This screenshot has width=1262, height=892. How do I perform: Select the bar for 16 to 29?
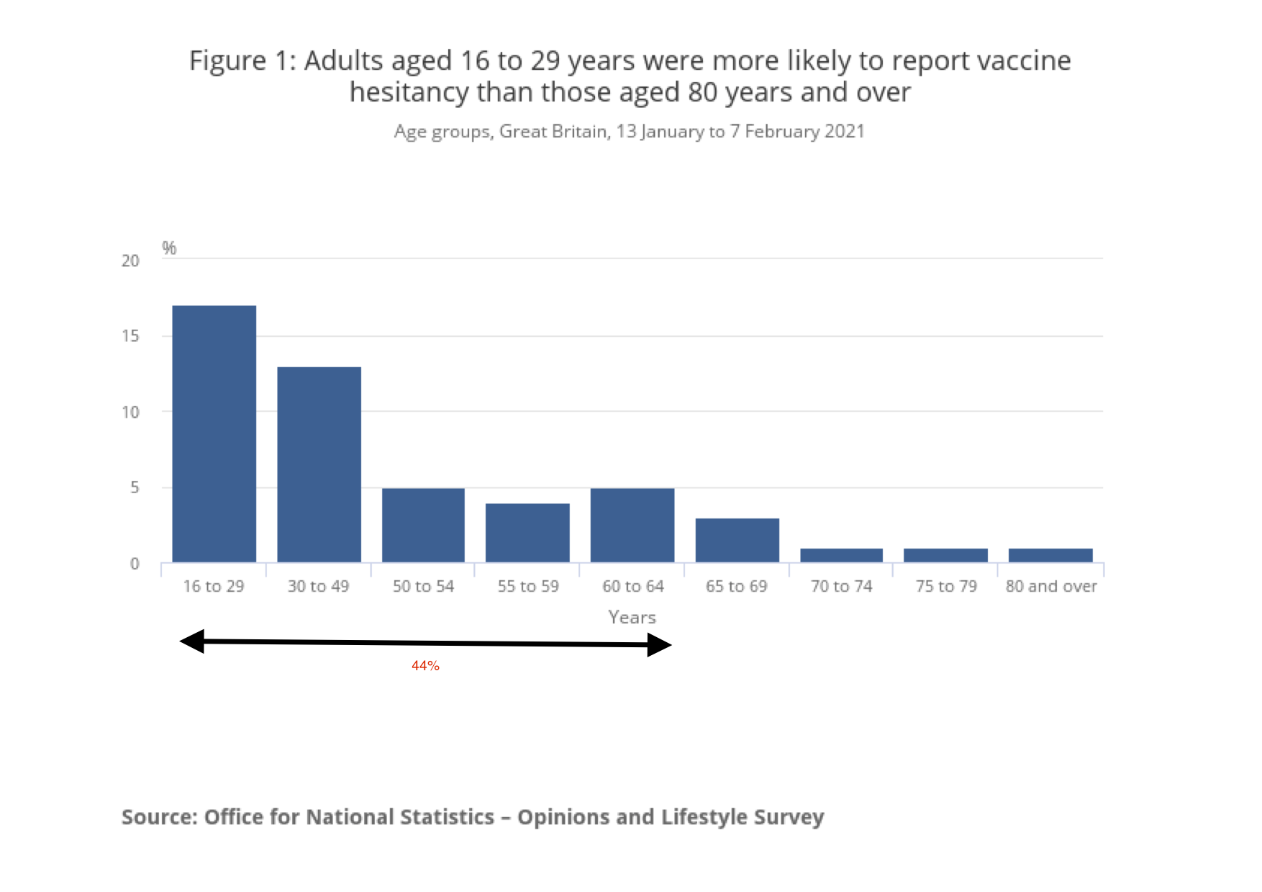pyautogui.click(x=214, y=433)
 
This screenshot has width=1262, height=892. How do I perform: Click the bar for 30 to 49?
pyautogui.click(x=319, y=464)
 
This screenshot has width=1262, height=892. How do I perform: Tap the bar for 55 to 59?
pyautogui.click(x=527, y=533)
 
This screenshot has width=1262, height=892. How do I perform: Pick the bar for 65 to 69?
pyautogui.click(x=737, y=540)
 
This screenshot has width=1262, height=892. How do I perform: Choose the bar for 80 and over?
pyautogui.click(x=1050, y=555)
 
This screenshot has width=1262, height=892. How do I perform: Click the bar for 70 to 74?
pyautogui.click(x=841, y=555)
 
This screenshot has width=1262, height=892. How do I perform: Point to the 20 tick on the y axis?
pyautogui.click(x=130, y=261)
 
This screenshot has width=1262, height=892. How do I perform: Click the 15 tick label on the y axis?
pyautogui.click(x=130, y=336)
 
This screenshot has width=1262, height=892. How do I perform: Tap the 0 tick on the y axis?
pyautogui.click(x=135, y=564)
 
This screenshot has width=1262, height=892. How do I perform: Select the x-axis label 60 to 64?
pyautogui.click(x=632, y=586)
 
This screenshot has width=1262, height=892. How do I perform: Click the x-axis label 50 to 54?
pyautogui.click(x=423, y=586)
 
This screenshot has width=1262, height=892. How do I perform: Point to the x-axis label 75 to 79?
pyautogui.click(x=946, y=586)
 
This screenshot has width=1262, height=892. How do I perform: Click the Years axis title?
pyautogui.click(x=632, y=617)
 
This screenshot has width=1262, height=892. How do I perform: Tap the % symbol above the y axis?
pyautogui.click(x=169, y=248)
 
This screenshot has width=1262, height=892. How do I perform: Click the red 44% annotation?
pyautogui.click(x=425, y=666)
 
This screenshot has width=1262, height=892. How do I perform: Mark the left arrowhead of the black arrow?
pyautogui.click(x=192, y=641)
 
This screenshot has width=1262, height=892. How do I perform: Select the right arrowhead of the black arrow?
pyautogui.click(x=658, y=645)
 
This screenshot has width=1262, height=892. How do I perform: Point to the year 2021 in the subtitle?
pyautogui.click(x=844, y=131)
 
